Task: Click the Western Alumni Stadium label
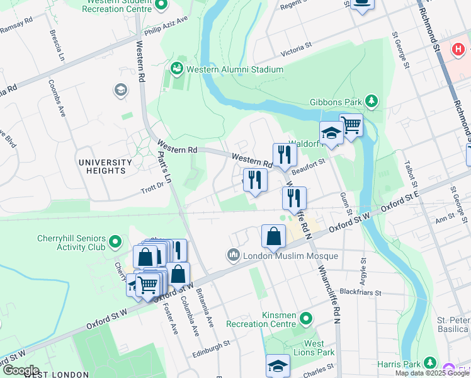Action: coord(237,69)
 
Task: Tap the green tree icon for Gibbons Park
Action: coord(372,101)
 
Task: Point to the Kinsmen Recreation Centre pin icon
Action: coord(306,318)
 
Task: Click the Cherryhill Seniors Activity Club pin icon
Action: coord(115,241)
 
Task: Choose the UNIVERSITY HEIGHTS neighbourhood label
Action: coord(105,166)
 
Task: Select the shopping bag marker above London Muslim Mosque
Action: coord(274,238)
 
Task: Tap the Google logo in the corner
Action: coord(20,370)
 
